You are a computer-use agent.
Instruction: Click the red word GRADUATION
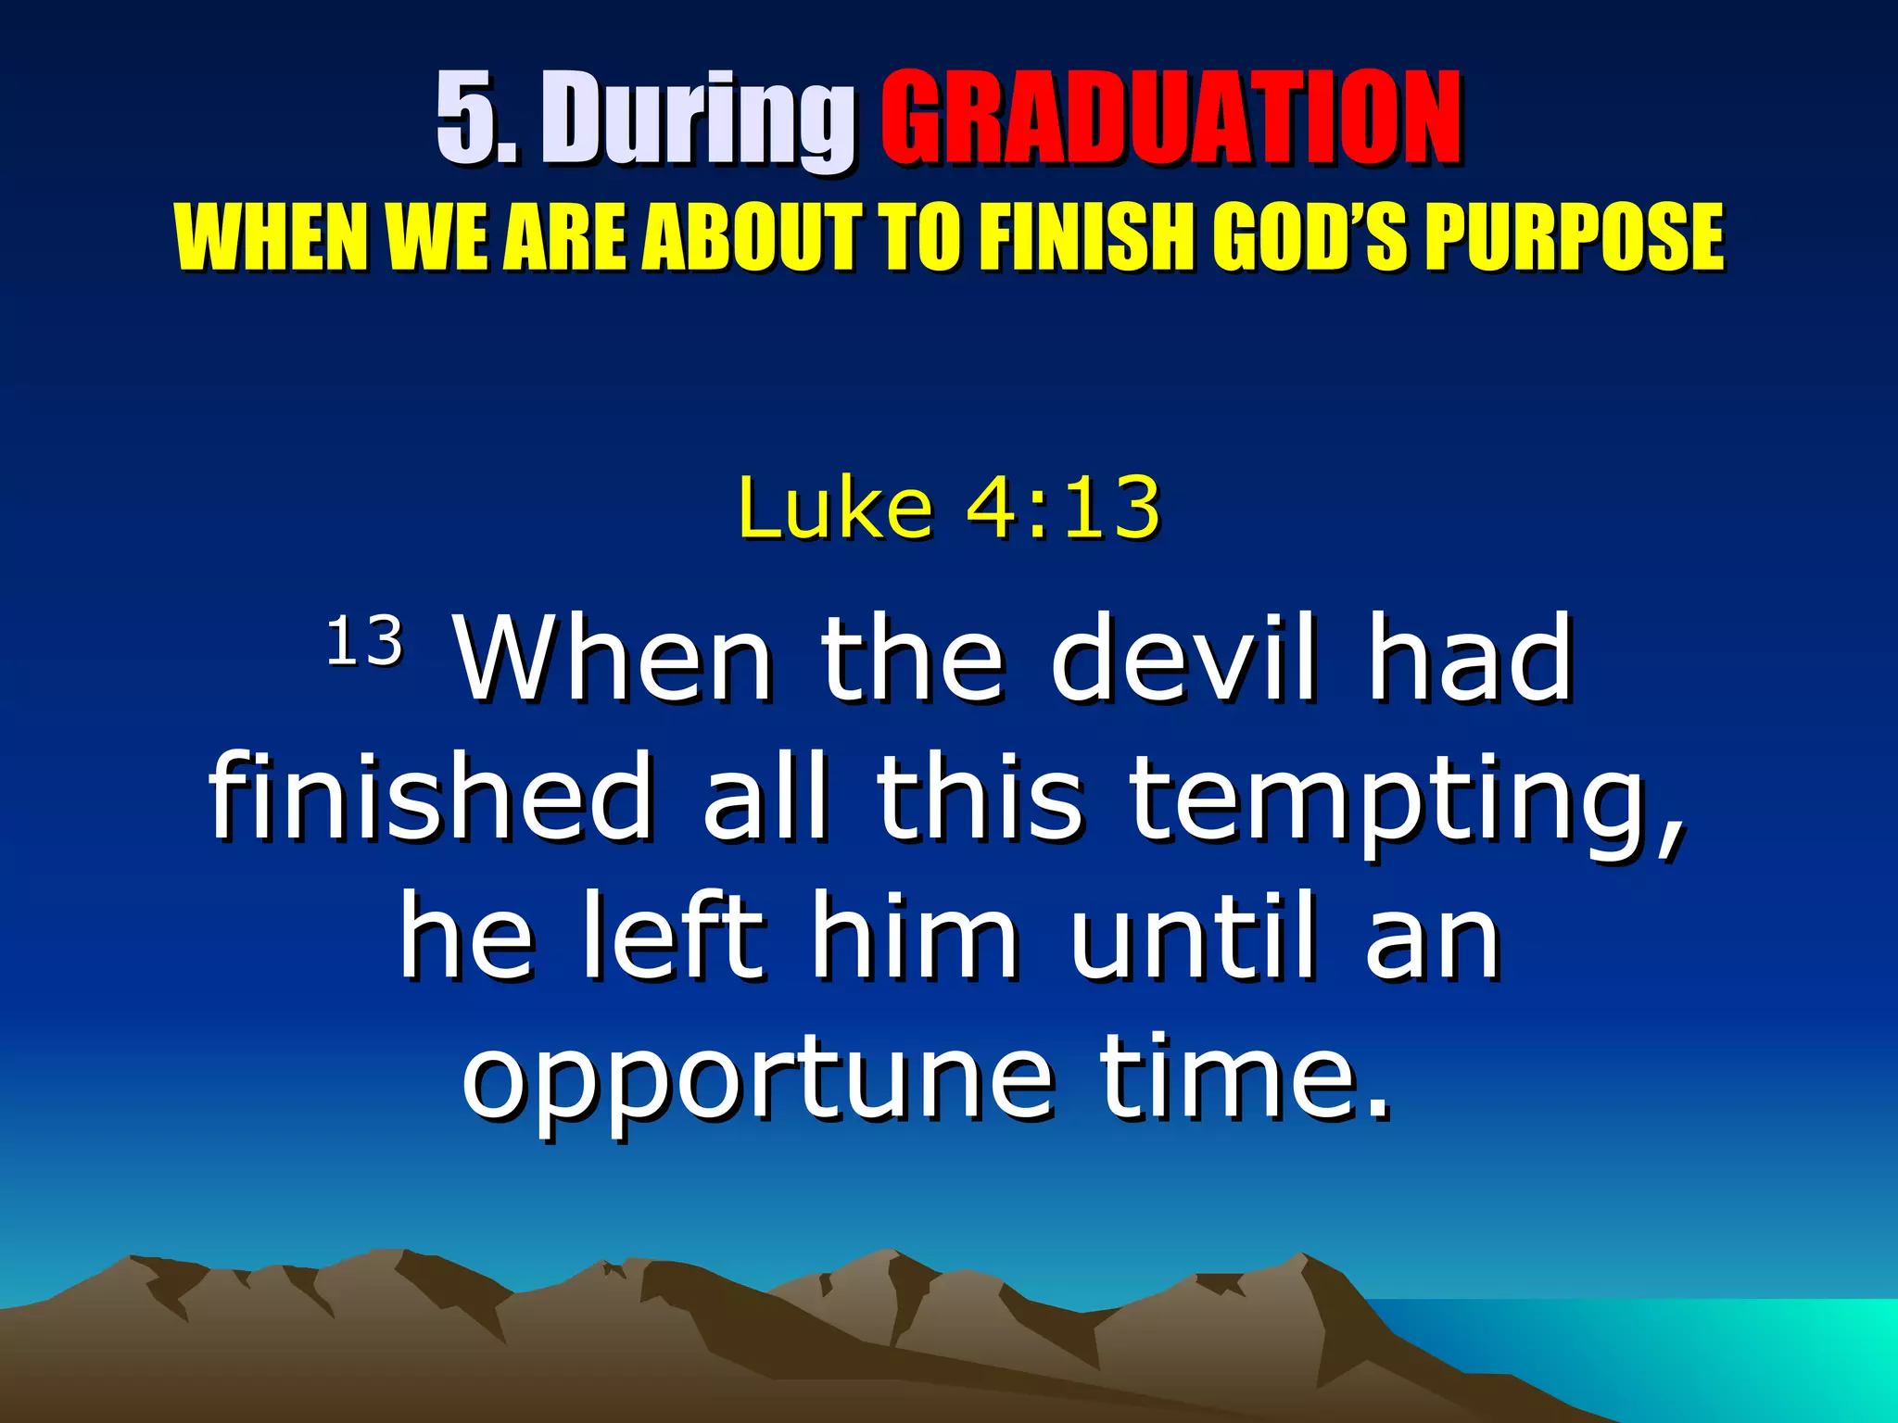(1170, 119)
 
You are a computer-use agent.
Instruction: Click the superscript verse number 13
(364, 641)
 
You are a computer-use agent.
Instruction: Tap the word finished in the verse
(431, 797)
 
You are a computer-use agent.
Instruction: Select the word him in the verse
(914, 938)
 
